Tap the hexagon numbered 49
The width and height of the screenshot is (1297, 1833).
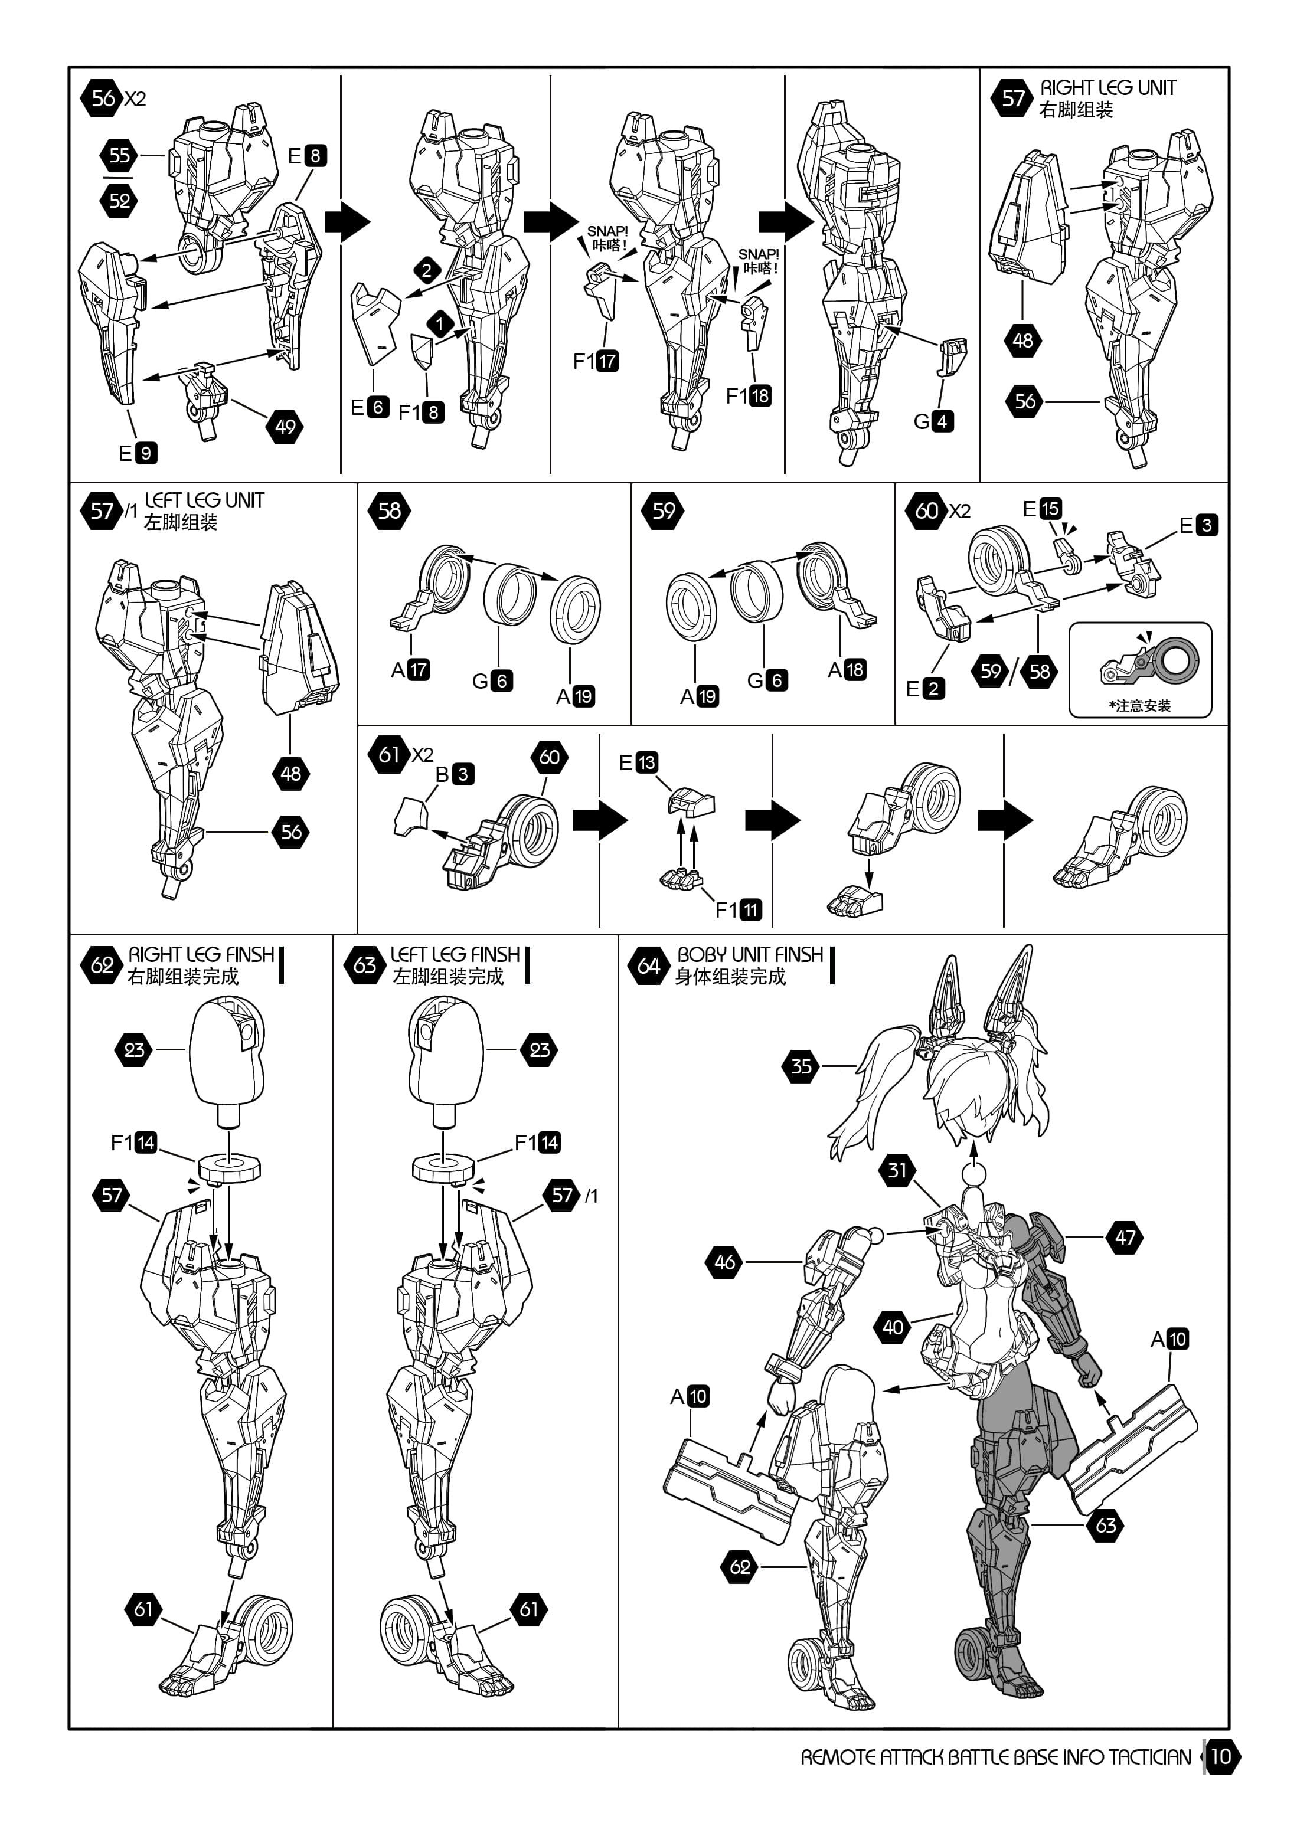[x=285, y=425]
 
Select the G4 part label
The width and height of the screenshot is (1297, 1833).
[x=933, y=421]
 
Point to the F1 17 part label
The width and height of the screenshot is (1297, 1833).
[x=596, y=361]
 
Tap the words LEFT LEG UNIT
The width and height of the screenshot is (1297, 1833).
[x=204, y=500]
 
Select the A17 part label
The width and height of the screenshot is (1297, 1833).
[x=410, y=670]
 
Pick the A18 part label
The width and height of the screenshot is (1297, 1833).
[x=847, y=670]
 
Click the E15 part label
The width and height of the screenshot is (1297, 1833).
[x=1042, y=509]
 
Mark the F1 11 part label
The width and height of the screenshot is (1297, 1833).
[x=739, y=909]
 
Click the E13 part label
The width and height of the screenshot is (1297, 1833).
[x=638, y=762]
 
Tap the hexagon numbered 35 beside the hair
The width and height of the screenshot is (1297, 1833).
[x=801, y=1066]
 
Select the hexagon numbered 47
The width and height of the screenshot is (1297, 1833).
[x=1125, y=1238]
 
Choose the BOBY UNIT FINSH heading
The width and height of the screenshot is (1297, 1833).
[x=750, y=955]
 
